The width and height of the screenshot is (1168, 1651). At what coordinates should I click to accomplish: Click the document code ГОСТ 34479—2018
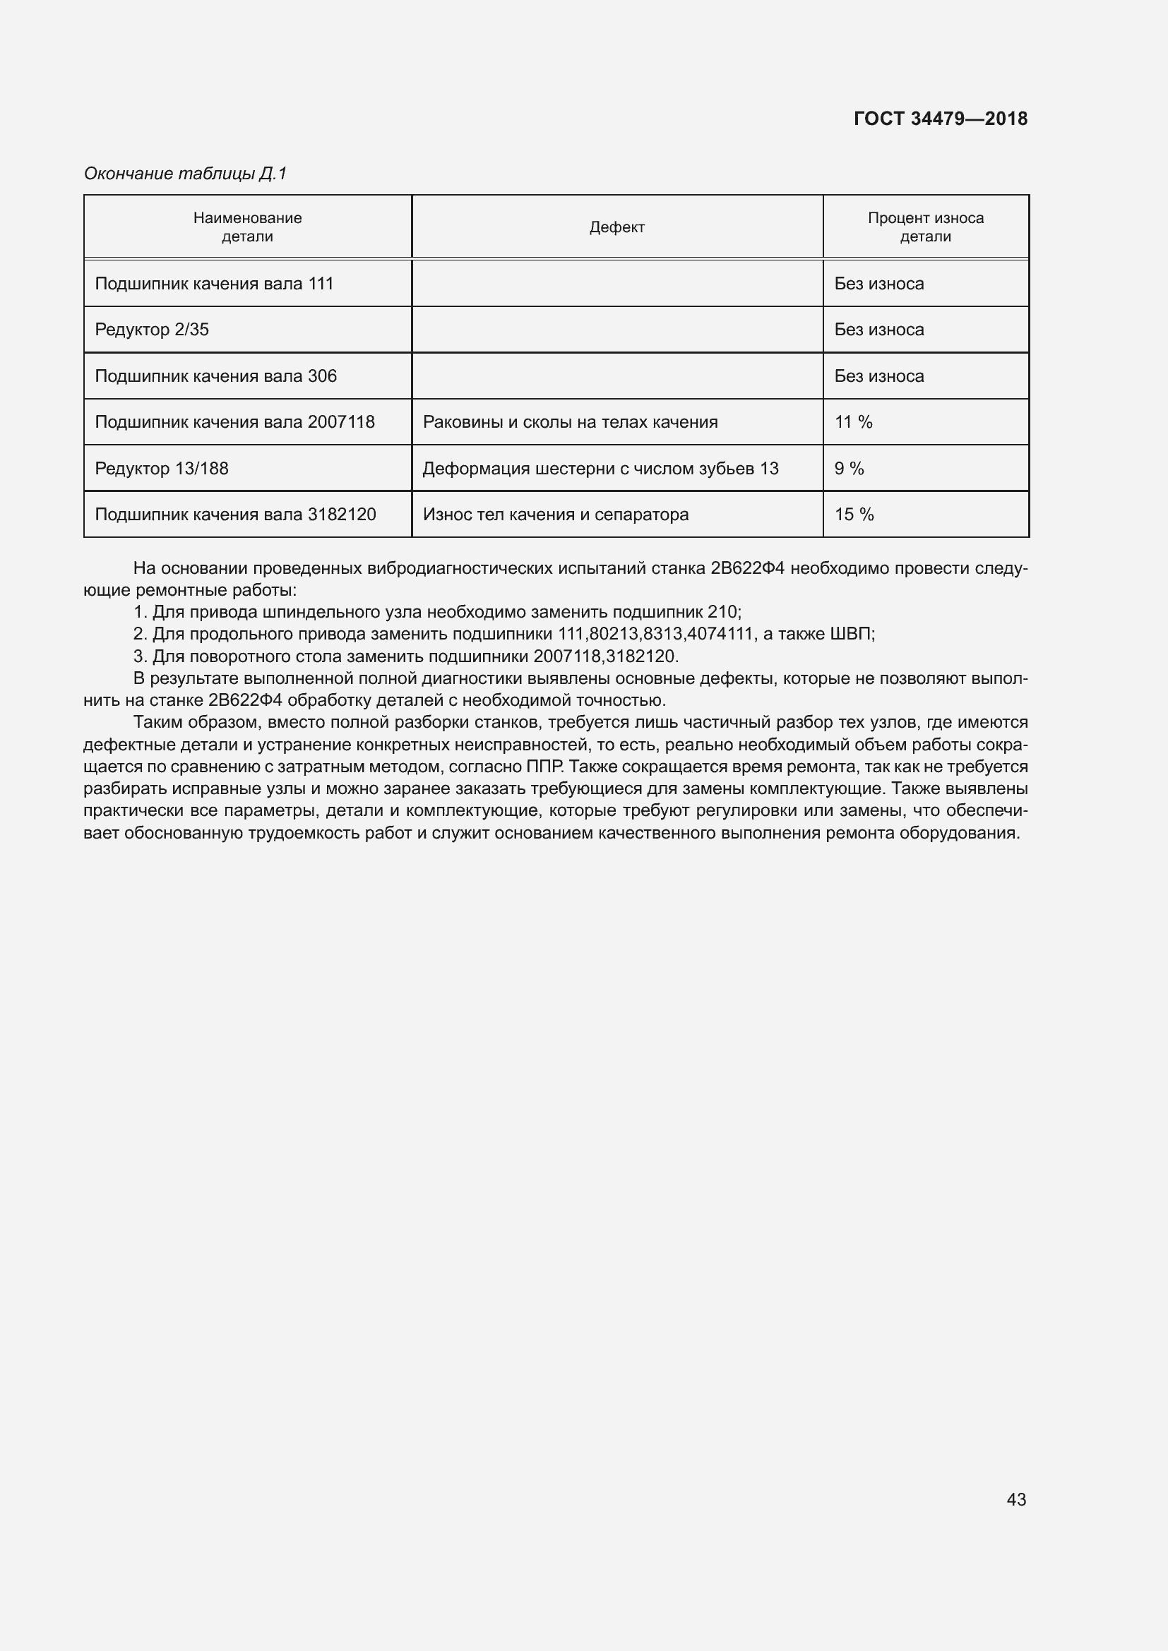click(x=940, y=119)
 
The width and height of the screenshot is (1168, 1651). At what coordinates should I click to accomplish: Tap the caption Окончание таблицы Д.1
click(x=186, y=174)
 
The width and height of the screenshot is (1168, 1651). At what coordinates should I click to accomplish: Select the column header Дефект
click(x=616, y=227)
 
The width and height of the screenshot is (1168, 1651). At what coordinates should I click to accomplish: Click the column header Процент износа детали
click(x=925, y=227)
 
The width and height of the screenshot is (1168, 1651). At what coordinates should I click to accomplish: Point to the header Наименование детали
click(x=246, y=227)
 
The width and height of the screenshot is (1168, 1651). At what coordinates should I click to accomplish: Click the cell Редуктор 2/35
click(x=152, y=330)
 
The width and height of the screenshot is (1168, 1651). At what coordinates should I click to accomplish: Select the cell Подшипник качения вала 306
click(x=215, y=376)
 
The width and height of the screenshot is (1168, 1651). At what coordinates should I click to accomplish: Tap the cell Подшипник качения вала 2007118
click(x=234, y=422)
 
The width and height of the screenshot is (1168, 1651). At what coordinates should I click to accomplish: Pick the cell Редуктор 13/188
click(x=161, y=469)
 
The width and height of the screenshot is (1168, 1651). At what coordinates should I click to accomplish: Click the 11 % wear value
click(x=853, y=422)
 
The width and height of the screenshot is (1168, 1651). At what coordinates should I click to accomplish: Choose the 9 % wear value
click(x=849, y=469)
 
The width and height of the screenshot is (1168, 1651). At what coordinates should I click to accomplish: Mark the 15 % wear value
click(x=854, y=515)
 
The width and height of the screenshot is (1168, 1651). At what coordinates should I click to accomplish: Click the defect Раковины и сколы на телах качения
click(x=570, y=422)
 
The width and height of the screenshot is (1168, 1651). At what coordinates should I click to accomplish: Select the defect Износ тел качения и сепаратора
click(x=555, y=515)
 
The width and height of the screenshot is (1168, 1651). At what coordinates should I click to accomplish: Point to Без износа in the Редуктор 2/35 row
click(x=878, y=330)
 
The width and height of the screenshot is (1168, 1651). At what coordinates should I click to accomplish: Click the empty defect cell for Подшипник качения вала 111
click(x=616, y=283)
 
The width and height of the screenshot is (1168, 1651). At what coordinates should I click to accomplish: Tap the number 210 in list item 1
click(x=722, y=612)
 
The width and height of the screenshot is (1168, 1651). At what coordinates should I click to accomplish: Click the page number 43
click(x=1015, y=1499)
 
